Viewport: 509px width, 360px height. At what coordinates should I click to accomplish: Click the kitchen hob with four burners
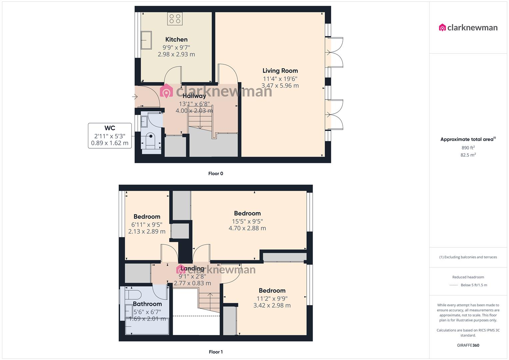tap(175, 19)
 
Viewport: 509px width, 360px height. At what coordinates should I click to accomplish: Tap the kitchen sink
tap(146, 40)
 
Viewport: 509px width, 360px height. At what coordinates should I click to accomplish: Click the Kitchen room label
tap(176, 39)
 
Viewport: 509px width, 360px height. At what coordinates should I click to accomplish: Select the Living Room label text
tap(280, 71)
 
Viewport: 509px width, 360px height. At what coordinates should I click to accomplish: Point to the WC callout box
tap(110, 136)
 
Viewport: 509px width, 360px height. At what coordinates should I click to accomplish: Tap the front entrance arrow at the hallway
tap(135, 97)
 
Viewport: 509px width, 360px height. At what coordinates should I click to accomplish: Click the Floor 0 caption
tap(216, 173)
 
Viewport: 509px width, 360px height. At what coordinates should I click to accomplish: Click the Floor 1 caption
tap(216, 352)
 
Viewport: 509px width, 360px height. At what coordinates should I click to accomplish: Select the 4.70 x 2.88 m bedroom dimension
tap(247, 228)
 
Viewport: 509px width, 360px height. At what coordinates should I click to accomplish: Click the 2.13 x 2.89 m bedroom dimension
tap(147, 231)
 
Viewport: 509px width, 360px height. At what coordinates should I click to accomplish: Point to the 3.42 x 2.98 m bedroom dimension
tap(272, 305)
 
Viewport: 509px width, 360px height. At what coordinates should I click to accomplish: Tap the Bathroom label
tap(147, 304)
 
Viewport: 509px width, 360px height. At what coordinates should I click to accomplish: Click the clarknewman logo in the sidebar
tap(468, 28)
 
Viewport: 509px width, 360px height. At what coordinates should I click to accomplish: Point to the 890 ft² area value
tap(468, 148)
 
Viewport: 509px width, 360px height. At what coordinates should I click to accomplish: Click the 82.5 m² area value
tap(468, 155)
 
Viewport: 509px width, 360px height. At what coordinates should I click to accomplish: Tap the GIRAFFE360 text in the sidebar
tap(468, 345)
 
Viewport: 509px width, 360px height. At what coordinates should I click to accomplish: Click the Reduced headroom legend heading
tap(468, 277)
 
